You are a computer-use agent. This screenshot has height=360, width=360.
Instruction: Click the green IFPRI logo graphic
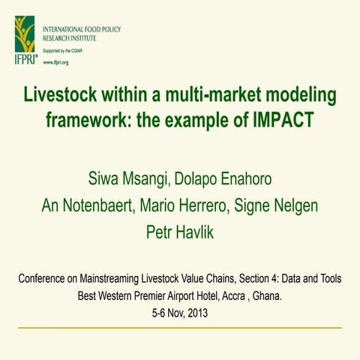24,34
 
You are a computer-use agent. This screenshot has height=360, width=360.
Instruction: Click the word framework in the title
86,120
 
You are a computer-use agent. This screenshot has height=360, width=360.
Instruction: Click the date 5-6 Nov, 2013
180,310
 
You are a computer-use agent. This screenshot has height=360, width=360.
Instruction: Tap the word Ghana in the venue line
265,295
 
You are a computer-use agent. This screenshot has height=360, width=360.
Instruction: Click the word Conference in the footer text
44,279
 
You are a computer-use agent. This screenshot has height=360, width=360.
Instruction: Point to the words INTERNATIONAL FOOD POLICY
82,29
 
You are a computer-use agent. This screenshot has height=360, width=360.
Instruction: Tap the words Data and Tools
312,279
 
